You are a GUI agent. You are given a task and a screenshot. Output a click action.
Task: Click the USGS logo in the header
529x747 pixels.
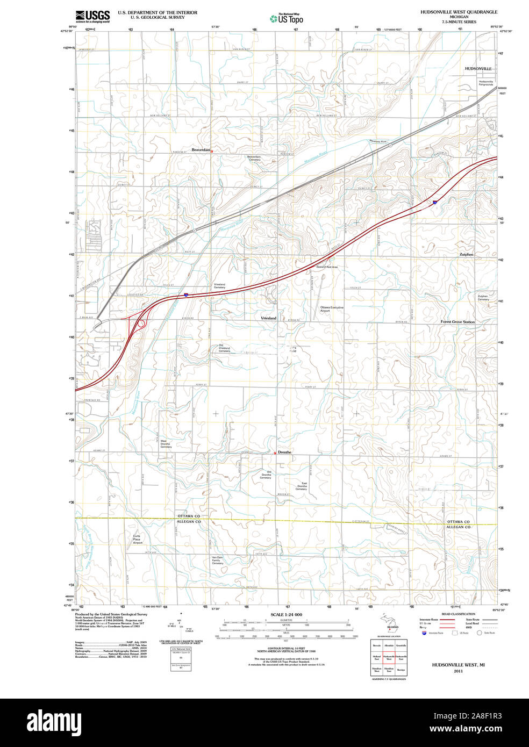(x=92, y=16)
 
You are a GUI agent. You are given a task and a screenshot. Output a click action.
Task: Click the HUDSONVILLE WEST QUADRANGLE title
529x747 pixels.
(x=459, y=12)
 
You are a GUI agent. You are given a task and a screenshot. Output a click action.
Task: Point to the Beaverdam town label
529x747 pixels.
(x=201, y=150)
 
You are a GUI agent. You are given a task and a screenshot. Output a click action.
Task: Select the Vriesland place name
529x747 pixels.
(x=268, y=318)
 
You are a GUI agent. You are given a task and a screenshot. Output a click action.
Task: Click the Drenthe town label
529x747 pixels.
(x=284, y=452)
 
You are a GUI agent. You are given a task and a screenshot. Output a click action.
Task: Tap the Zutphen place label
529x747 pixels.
(x=466, y=254)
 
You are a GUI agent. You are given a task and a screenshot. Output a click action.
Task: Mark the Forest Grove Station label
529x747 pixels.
(x=457, y=322)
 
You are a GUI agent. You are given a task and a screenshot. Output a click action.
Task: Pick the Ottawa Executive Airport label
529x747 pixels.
(x=332, y=309)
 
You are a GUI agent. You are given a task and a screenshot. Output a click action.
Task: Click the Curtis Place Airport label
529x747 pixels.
(x=137, y=539)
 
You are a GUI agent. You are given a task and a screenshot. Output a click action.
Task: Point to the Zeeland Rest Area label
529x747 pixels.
(x=327, y=267)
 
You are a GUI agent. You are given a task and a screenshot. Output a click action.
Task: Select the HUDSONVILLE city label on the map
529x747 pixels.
(x=478, y=69)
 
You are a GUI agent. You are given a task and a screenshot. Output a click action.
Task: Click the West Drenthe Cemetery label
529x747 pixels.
(x=166, y=444)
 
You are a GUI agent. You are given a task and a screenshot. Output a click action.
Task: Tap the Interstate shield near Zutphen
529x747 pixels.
(x=434, y=202)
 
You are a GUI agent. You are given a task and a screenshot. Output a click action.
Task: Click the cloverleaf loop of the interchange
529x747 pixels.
(x=141, y=324)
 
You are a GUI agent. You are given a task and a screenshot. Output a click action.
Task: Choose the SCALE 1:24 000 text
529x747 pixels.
(x=286, y=614)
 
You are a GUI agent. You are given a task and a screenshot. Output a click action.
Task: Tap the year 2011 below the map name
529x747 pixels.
(x=458, y=671)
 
